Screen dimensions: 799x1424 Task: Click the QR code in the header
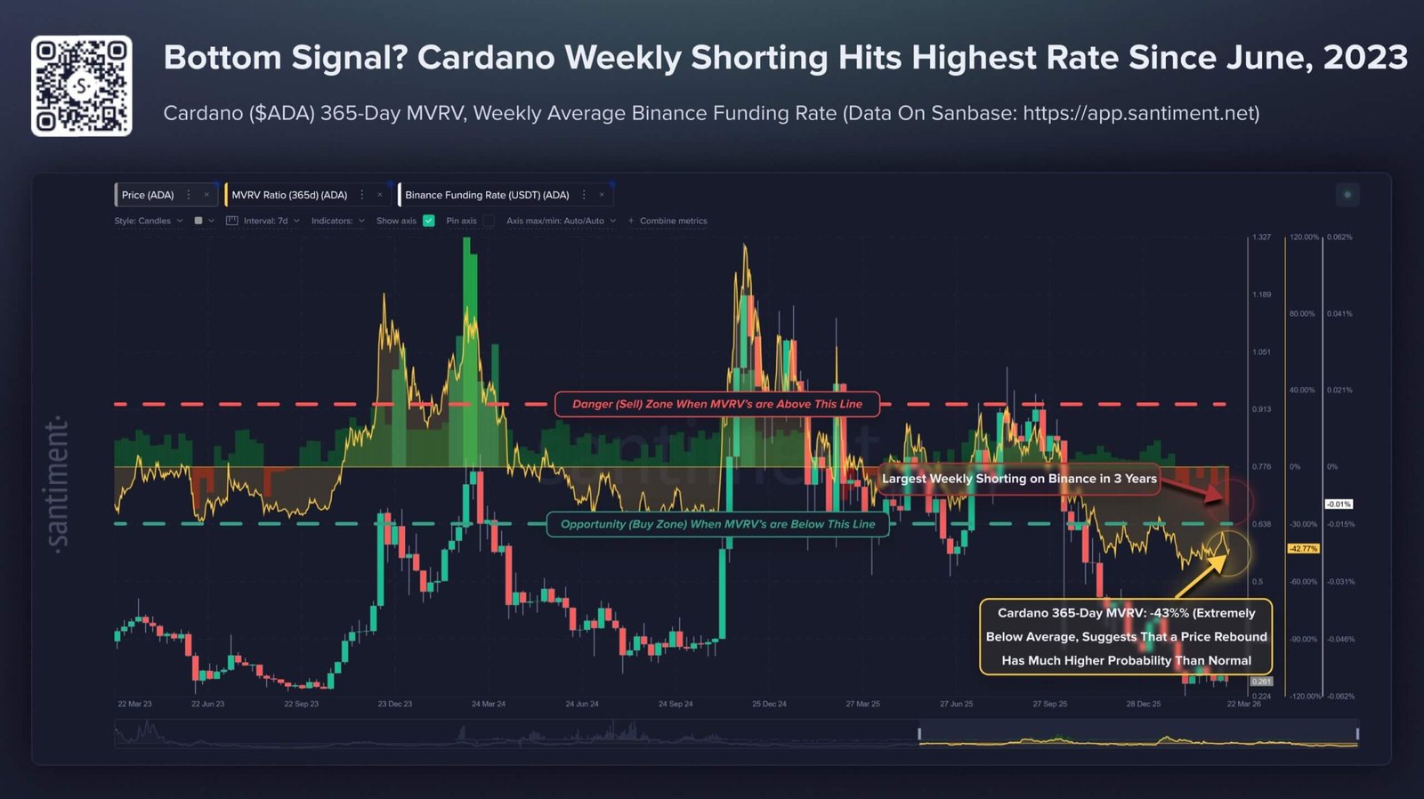click(81, 85)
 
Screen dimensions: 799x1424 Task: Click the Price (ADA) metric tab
click(148, 195)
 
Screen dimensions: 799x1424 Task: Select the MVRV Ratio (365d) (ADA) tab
click(289, 195)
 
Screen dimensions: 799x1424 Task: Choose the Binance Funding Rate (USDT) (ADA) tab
click(487, 195)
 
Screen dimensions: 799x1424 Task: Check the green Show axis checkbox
click(429, 221)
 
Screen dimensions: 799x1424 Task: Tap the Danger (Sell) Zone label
click(716, 404)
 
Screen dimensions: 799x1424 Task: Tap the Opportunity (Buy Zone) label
click(717, 524)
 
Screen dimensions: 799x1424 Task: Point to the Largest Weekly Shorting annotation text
click(1019, 479)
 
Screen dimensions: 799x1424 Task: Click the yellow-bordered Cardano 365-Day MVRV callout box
click(1126, 636)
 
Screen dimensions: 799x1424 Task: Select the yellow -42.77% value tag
click(1303, 549)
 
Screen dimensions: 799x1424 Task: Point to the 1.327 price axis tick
click(1261, 238)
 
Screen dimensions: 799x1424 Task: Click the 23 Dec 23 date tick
click(394, 704)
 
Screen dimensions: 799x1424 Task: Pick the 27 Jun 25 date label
click(956, 704)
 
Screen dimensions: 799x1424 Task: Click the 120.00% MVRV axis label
click(1304, 238)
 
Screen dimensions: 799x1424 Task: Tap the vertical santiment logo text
click(57, 485)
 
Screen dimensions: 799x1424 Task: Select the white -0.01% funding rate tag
click(1339, 504)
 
